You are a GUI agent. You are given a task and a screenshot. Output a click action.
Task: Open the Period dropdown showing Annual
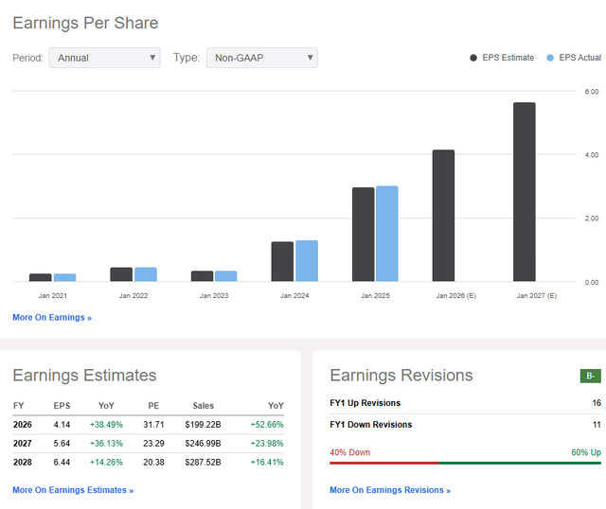tap(104, 58)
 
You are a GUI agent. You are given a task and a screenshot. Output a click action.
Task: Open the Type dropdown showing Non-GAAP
tap(261, 58)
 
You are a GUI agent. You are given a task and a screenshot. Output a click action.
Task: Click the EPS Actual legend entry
tap(574, 58)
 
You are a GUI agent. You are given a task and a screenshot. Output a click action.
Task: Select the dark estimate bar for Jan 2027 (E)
tap(524, 192)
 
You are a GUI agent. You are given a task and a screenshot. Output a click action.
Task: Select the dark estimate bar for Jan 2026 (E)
tap(443, 216)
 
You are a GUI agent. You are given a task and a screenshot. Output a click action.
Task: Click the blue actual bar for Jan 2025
tap(386, 234)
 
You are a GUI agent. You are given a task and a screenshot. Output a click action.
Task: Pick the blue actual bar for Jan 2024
tap(306, 261)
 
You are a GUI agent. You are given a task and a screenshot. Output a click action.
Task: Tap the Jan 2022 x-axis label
tap(134, 296)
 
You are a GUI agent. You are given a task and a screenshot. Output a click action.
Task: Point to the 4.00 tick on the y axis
tap(591, 154)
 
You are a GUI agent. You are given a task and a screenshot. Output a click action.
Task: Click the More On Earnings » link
tap(52, 318)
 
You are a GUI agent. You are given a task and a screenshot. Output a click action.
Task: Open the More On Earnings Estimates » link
tap(73, 490)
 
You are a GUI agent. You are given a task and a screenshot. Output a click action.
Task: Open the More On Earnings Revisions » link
tap(389, 490)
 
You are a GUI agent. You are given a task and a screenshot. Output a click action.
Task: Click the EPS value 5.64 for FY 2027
tap(62, 444)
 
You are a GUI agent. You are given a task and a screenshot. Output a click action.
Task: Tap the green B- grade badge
tap(590, 376)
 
